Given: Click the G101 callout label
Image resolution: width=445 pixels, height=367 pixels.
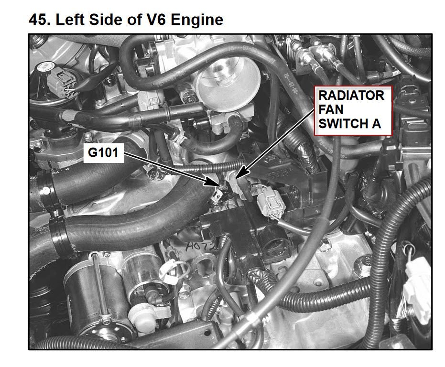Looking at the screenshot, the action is [x=103, y=153].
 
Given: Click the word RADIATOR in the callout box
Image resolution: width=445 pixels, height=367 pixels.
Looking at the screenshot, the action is [x=351, y=96].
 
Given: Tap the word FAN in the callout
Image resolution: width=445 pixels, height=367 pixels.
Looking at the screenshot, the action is [x=331, y=109].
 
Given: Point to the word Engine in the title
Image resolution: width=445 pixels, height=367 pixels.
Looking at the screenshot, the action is [x=197, y=21].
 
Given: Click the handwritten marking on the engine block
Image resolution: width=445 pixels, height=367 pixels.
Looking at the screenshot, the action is [x=200, y=246].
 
